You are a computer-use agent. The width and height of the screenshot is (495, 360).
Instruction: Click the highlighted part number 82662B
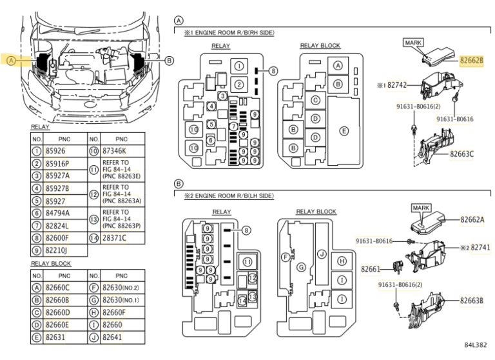coord(471,60)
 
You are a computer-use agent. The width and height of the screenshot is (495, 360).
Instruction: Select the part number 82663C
coord(461,154)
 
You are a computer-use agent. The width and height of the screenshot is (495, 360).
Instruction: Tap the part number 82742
coord(397,85)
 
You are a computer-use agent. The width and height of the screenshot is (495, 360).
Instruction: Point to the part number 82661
coord(371,269)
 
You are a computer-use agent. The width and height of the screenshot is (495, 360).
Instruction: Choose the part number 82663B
coord(471,300)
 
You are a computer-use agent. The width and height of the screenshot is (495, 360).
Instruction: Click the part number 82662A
coord(472,219)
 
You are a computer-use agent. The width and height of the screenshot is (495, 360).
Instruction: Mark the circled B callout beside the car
coord(170,61)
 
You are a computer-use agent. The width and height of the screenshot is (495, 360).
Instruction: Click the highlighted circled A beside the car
coord(12,61)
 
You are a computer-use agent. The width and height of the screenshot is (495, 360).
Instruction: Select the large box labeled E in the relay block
coord(344,131)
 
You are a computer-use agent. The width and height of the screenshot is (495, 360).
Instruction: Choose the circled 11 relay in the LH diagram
coord(247,262)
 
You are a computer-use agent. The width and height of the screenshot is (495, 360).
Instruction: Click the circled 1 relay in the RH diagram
coord(239,66)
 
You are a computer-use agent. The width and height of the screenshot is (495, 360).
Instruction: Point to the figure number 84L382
coord(476,345)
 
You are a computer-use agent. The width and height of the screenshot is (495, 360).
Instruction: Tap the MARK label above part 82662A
coord(421,208)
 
